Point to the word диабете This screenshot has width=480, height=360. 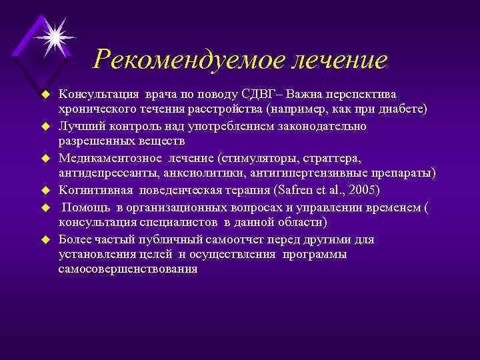click(403, 109)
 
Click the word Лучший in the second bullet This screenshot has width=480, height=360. click(78, 125)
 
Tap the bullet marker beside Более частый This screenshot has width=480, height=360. click(47, 239)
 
